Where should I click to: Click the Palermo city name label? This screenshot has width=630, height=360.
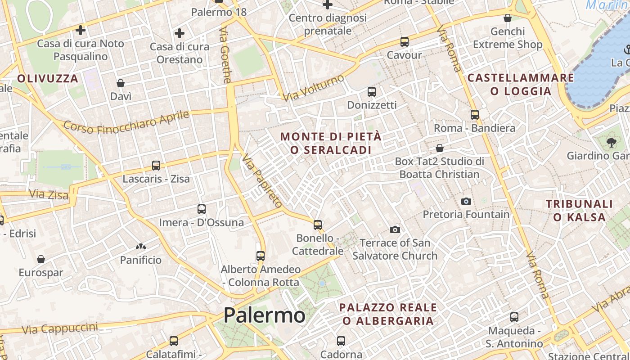point(264,315)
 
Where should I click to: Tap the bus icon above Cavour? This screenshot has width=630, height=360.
point(404,42)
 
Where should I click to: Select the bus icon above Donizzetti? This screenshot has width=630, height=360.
point(372,92)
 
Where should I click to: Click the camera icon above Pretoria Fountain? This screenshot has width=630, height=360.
point(466,201)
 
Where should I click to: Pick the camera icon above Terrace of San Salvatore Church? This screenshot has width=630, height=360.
point(395,230)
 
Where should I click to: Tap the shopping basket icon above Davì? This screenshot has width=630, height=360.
point(121,83)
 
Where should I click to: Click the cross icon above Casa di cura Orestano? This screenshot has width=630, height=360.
point(180,33)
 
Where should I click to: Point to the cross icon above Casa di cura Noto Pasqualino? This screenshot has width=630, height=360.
point(81,30)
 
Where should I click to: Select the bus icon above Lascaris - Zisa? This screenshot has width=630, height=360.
point(156,166)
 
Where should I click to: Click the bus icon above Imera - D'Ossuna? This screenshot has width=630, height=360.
point(202,209)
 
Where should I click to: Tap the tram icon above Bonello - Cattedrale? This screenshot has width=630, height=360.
point(318,225)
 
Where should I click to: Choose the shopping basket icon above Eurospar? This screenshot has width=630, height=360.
point(41,259)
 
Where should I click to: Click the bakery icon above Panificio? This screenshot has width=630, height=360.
point(140,247)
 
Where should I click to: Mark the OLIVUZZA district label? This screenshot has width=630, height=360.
point(48,79)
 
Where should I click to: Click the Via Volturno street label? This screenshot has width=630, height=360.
point(313,87)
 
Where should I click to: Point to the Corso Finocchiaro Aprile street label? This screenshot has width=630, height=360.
point(126,121)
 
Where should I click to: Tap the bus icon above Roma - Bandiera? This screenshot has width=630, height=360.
point(475,115)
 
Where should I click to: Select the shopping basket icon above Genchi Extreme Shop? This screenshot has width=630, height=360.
point(508,18)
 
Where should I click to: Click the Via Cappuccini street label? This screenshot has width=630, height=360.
point(59,328)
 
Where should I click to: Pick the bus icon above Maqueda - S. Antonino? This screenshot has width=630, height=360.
point(514,317)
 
